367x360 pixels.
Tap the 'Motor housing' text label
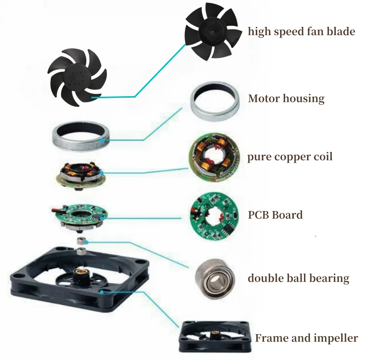[x=286, y=99]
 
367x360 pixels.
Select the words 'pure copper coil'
[x=290, y=157]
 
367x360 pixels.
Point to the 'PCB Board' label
[x=275, y=215]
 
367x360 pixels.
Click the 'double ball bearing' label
[x=298, y=278]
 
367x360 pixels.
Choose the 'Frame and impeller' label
[x=306, y=338]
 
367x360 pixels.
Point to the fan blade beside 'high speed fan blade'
[x=212, y=30]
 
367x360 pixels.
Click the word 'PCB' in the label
[x=260, y=215]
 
